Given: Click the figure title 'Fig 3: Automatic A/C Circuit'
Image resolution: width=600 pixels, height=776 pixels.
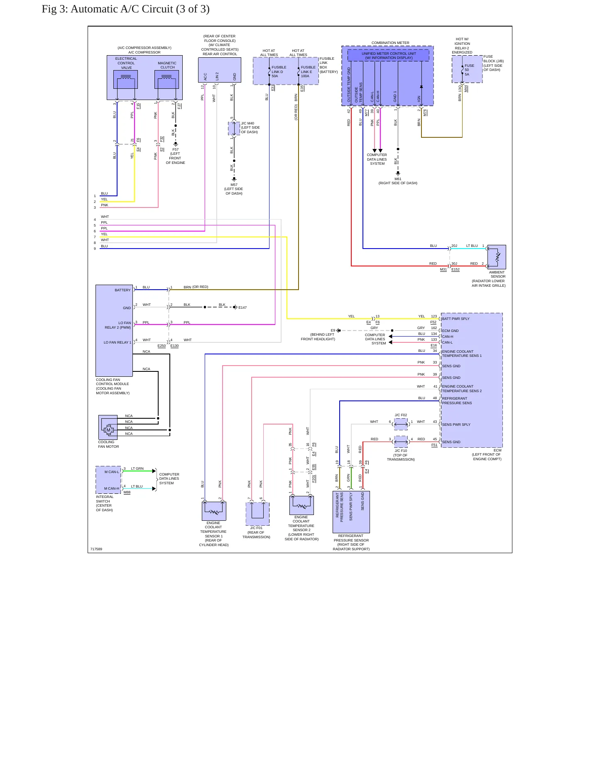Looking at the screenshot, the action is click(x=107, y=9).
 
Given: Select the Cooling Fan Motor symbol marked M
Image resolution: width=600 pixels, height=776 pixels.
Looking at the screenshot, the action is click(x=108, y=429).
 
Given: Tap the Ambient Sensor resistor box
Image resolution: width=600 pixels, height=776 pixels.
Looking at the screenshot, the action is click(x=497, y=257).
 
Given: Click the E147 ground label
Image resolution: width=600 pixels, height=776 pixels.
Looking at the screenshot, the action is click(x=242, y=307).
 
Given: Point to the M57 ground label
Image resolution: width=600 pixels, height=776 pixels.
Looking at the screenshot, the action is click(x=234, y=185).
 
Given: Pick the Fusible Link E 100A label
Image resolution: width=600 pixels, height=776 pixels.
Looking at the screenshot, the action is click(x=308, y=71).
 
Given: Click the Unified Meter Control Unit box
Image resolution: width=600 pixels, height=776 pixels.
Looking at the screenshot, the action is click(x=388, y=56).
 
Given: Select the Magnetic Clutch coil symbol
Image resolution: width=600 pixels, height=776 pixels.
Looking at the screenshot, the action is click(x=167, y=79).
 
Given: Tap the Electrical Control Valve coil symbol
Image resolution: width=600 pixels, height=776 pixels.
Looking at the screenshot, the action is click(x=125, y=79).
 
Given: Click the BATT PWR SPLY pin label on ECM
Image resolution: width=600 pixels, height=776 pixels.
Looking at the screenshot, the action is click(x=456, y=319).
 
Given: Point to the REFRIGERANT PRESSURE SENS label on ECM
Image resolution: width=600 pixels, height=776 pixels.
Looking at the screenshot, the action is click(x=457, y=400).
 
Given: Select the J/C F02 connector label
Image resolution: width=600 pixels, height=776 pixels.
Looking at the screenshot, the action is click(x=401, y=415).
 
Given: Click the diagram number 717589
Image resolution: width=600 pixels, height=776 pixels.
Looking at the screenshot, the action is click(x=96, y=549).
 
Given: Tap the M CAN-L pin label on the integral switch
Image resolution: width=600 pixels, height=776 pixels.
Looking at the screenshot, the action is click(x=112, y=472).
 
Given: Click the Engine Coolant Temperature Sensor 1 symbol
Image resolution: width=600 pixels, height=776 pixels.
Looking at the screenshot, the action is click(x=214, y=511).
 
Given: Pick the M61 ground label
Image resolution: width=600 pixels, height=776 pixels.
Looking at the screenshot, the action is click(x=398, y=179).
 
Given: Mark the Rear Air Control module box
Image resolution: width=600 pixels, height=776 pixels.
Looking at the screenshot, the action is click(x=220, y=70).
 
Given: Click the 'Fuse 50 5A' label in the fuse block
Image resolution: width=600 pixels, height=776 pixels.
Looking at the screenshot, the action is click(x=469, y=70).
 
